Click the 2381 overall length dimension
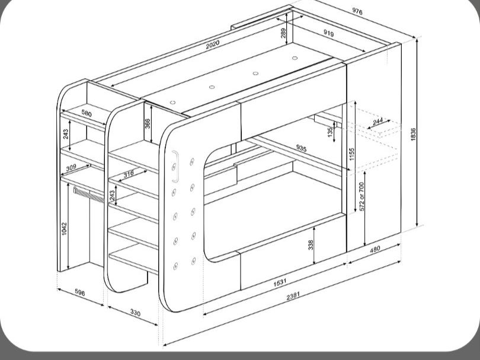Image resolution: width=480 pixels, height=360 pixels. coord(293,296)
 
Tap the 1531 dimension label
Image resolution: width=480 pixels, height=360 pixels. coord(280,282)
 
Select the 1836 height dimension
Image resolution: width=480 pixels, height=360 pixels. coord(413,134)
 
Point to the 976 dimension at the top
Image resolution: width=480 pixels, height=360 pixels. coord(357,11)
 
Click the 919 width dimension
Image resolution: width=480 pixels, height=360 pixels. coord(328,33)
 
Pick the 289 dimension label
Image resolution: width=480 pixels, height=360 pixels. coord(283,33)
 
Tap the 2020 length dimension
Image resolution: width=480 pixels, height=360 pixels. coord(213,44)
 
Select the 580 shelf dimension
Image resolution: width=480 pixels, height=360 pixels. coord(87,113)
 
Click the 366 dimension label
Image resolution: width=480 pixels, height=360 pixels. coord(147,123)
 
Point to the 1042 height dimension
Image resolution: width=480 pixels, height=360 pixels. coord(64,228)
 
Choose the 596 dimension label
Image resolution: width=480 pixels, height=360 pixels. coord(79,292)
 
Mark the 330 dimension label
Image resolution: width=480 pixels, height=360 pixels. coord(135,313)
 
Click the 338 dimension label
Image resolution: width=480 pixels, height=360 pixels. coord(311,245)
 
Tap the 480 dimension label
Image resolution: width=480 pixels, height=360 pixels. coord(375,249)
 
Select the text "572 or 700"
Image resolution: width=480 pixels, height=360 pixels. coord(361,196)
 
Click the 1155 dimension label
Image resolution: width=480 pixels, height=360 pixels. coord(352,154)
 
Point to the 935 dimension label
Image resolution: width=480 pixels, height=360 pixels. coord(301,148)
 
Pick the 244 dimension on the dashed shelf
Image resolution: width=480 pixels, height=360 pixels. coord(377,122)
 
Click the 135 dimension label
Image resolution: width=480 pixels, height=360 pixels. coord(330,132)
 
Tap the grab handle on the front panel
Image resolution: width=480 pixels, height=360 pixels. coord(176,167)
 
